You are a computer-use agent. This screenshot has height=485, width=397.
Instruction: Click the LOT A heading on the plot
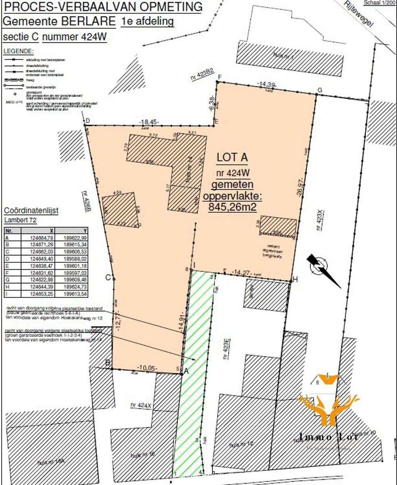tap(232, 157)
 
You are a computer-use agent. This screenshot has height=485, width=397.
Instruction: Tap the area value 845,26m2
tap(233, 207)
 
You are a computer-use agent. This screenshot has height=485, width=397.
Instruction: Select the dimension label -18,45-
tap(149, 122)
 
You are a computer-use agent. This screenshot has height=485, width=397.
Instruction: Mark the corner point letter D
tap(87, 121)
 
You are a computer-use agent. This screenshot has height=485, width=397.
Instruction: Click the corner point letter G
tap(320, 90)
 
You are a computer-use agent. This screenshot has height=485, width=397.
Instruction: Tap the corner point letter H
tap(295, 279)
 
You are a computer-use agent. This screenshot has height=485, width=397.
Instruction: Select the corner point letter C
tap(108, 277)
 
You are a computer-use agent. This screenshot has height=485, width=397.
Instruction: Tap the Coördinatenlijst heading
tap(31, 211)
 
